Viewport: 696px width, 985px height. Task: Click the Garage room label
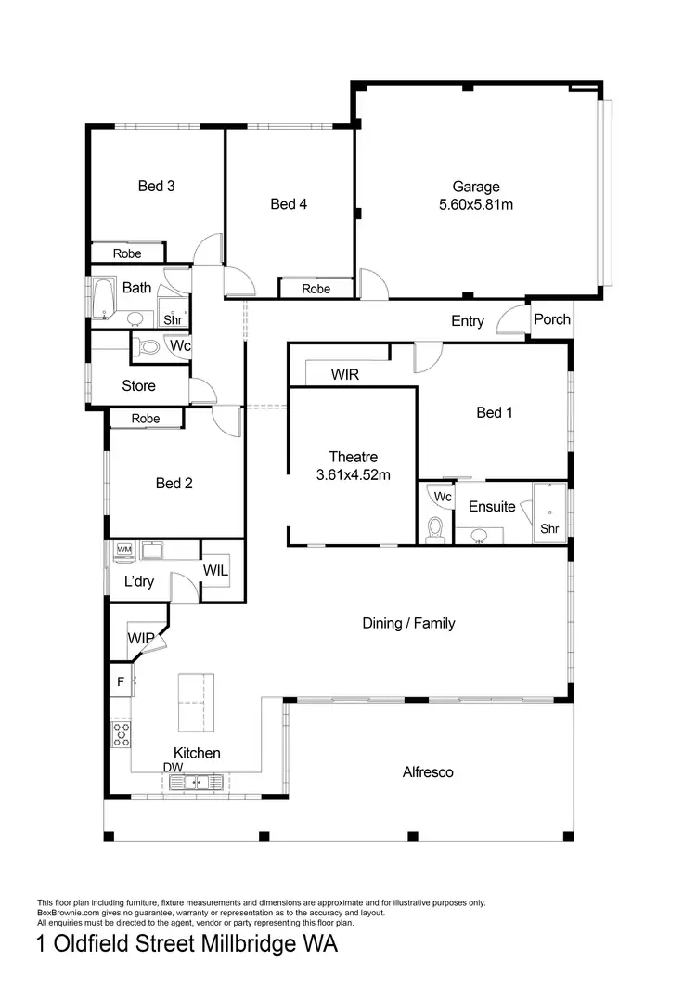pyautogui.click(x=475, y=187)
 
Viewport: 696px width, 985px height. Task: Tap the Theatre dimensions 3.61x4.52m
pyautogui.click(x=353, y=474)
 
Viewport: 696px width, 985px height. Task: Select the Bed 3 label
pyautogui.click(x=157, y=186)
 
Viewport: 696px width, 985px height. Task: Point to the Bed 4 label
pyautogui.click(x=289, y=204)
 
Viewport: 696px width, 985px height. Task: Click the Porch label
pyautogui.click(x=552, y=319)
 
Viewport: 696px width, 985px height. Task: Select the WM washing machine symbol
pyautogui.click(x=124, y=551)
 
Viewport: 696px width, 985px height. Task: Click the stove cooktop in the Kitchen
pyautogui.click(x=122, y=734)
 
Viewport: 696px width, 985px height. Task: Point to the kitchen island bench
pyautogui.click(x=196, y=703)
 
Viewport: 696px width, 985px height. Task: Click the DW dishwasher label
pyautogui.click(x=174, y=768)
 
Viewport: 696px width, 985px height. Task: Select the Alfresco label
pyautogui.click(x=428, y=771)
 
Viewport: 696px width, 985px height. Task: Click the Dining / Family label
pyautogui.click(x=408, y=623)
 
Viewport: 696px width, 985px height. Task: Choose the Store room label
pyautogui.click(x=138, y=385)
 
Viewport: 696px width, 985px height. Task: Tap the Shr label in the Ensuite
pyautogui.click(x=550, y=528)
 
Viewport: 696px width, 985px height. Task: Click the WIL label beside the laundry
pyautogui.click(x=215, y=569)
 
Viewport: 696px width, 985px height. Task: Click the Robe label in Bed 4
pyautogui.click(x=316, y=289)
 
